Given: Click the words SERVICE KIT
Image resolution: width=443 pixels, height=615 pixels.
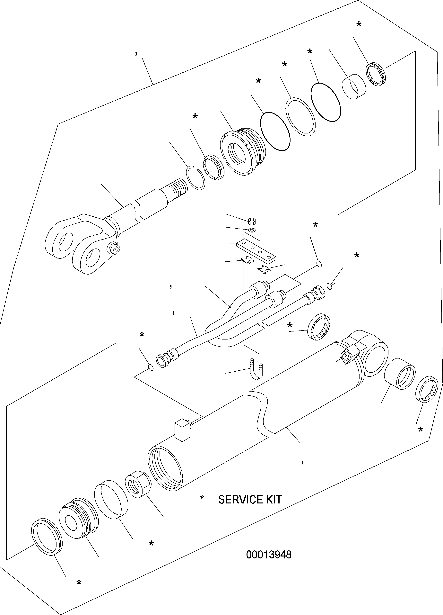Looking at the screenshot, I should click(250, 500).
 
